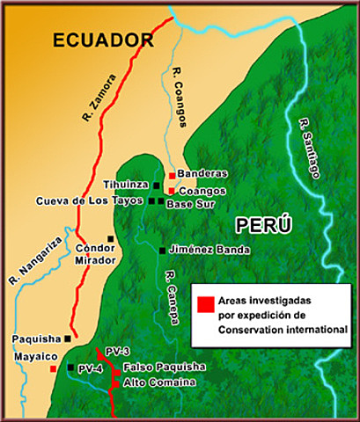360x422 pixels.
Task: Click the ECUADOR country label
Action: tap(103, 40)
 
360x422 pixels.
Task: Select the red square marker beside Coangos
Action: tap(172, 190)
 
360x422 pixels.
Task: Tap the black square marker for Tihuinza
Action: tap(156, 186)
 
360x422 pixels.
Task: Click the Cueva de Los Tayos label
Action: tap(89, 201)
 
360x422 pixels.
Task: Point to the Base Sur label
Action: tap(187, 203)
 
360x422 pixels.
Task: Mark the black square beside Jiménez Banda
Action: tap(161, 251)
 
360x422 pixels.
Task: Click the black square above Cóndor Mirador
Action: tap(110, 238)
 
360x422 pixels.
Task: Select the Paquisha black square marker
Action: tap(67, 338)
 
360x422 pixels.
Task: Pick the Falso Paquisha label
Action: tap(165, 367)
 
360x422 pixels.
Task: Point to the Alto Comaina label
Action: tap(158, 382)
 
